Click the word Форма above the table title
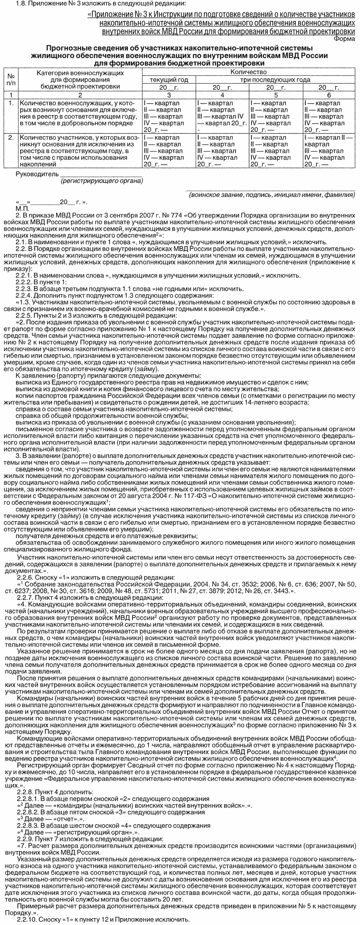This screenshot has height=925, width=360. point(345,38)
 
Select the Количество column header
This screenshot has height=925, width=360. point(248,72)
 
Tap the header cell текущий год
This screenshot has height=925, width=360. point(169,80)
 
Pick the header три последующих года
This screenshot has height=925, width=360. point(275,80)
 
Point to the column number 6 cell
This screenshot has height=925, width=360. point(329,95)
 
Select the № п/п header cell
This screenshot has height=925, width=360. point(11,79)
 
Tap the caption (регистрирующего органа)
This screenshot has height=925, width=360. point(101,181)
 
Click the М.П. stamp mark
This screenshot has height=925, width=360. point(22,208)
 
